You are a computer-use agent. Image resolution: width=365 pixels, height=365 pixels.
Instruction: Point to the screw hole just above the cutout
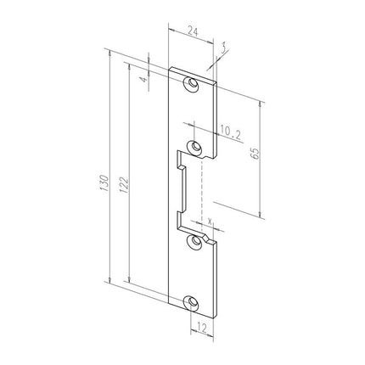pos(197,149)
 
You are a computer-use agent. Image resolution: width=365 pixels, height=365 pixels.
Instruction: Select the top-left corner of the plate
pos(171,67)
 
